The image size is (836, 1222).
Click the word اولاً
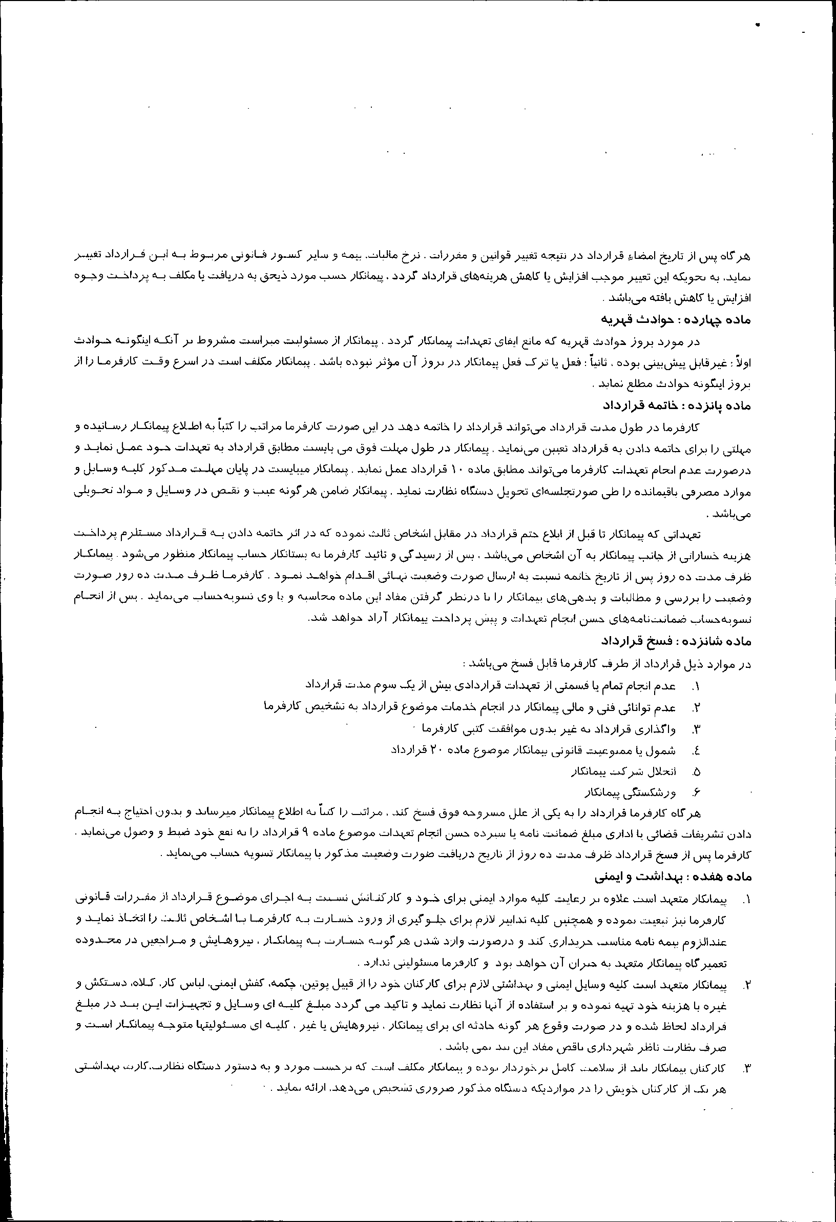(x=745, y=363)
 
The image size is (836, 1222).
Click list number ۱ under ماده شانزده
(x=697, y=687)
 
